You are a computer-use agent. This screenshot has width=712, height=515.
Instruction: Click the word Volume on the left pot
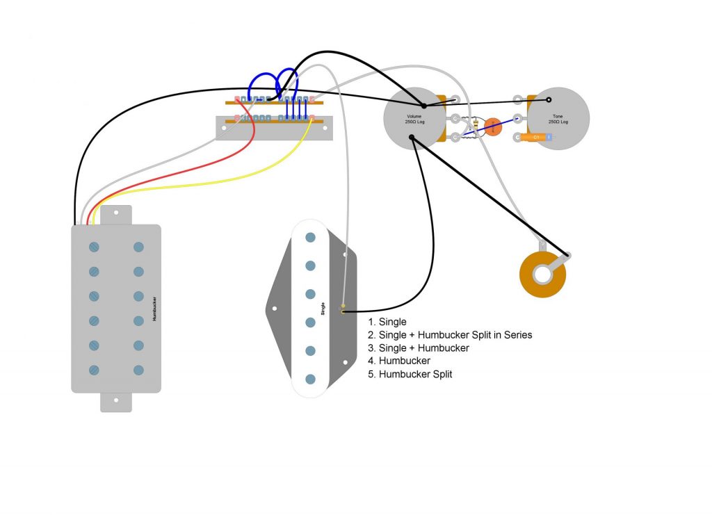[416, 116]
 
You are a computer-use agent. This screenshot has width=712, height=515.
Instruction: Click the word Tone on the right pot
[558, 116]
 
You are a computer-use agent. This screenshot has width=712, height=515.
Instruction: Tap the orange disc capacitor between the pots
[492, 126]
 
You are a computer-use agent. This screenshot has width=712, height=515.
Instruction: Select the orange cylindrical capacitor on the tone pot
[534, 138]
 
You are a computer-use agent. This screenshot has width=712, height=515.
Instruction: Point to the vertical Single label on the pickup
[323, 309]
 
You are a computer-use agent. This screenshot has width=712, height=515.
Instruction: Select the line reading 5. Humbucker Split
[410, 374]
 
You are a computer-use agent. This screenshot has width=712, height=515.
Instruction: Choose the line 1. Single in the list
[387, 322]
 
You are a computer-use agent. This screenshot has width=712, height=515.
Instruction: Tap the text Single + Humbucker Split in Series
[455, 335]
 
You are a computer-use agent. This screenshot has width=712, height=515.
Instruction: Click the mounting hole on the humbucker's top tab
[117, 213]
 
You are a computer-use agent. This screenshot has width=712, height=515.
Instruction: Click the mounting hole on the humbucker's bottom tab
[117, 401]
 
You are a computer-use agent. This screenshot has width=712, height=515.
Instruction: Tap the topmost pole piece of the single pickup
[311, 238]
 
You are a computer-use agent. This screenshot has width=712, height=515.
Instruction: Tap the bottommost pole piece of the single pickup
[311, 379]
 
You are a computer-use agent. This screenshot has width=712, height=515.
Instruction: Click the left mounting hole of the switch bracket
[224, 129]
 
